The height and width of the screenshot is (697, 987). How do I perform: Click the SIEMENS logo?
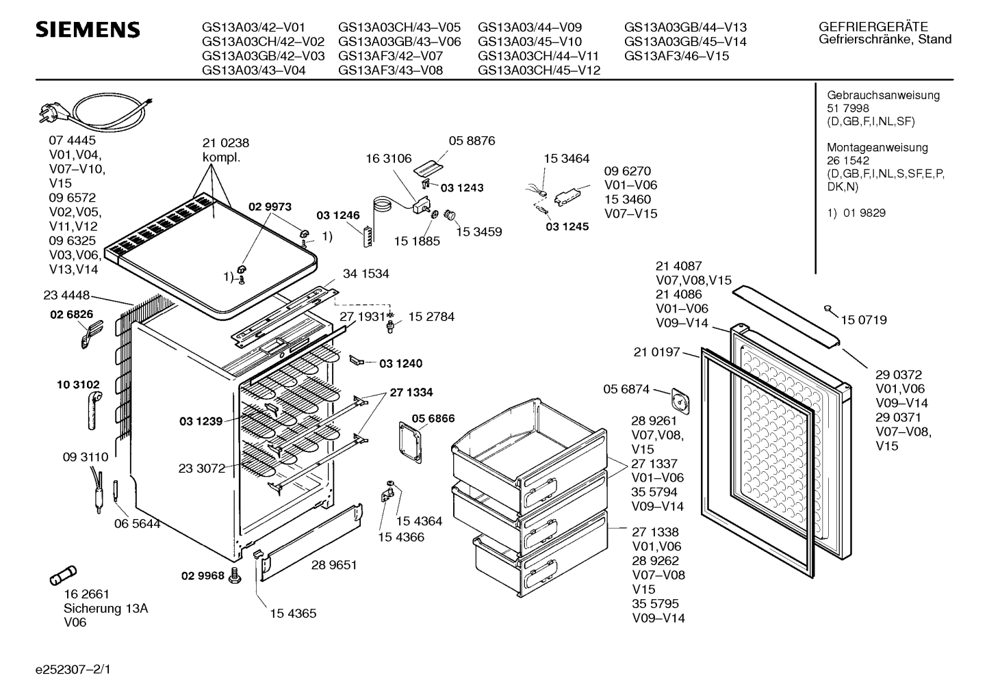pyautogui.click(x=88, y=30)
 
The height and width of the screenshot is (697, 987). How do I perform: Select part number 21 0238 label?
pyautogui.click(x=225, y=143)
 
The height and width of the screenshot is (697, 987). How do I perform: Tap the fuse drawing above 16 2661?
pyautogui.click(x=64, y=577)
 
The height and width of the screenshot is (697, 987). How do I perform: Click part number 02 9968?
pyautogui.click(x=202, y=575)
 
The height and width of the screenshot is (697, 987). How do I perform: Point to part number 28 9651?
pyautogui.click(x=333, y=565)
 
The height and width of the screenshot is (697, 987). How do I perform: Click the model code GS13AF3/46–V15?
pyautogui.click(x=676, y=56)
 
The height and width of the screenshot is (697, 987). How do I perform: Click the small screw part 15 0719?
pyautogui.click(x=828, y=310)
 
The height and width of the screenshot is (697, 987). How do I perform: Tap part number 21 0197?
pyautogui.click(x=656, y=352)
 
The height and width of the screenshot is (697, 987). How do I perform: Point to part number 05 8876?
pyautogui.click(x=472, y=141)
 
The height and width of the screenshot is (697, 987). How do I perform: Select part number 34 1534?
pyautogui.click(x=366, y=274)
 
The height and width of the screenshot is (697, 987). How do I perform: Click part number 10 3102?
pyautogui.click(x=77, y=385)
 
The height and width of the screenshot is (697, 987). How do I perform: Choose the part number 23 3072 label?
pyautogui.click(x=201, y=469)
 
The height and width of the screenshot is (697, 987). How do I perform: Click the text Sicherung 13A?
pyautogui.click(x=105, y=608)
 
